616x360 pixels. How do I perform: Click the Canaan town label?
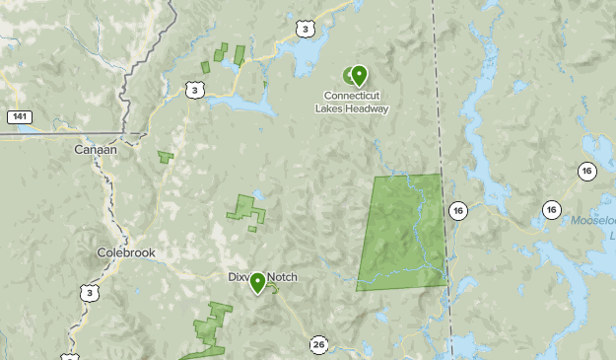pos(96,150)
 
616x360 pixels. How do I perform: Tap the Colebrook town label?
pos(126,252)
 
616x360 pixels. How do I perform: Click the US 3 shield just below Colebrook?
pos(91,293)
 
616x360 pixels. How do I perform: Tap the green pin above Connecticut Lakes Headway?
pos(359,75)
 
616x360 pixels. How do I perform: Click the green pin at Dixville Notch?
pos(257,283)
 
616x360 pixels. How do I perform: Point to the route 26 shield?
pos(317,344)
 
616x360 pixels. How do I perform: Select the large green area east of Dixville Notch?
pos(402,232)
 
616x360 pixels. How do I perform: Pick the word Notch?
pos(281,277)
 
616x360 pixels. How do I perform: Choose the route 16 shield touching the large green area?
pos(457,210)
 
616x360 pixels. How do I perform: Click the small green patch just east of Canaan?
pos(166,156)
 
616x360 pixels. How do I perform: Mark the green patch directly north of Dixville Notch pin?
pos(246,209)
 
